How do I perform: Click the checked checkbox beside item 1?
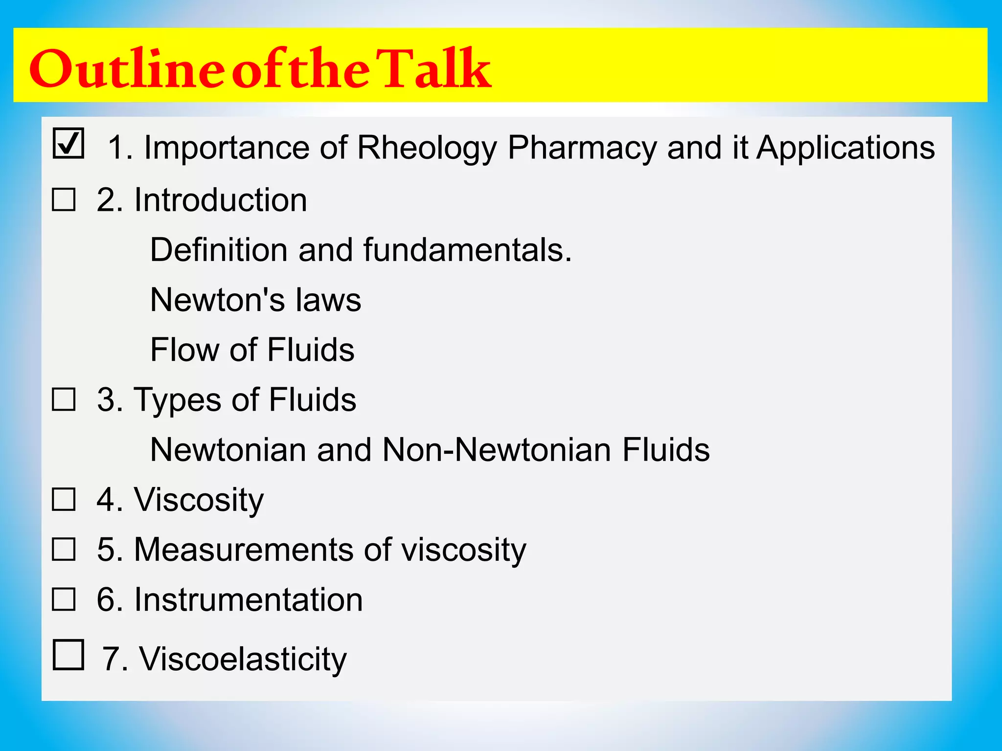[x=68, y=143]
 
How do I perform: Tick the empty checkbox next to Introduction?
[x=64, y=200]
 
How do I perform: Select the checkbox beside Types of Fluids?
[x=64, y=399]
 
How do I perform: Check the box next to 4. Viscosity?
[x=64, y=499]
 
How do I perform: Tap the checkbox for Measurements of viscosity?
[x=64, y=549]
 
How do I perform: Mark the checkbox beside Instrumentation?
[x=64, y=599]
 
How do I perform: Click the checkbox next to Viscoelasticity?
[x=68, y=655]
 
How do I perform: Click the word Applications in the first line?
[x=845, y=147]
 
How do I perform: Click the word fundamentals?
[x=467, y=250]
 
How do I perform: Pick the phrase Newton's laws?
[x=255, y=300]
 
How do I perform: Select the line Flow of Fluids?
[x=252, y=350]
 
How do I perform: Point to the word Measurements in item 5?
[x=243, y=549]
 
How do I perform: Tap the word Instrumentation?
[x=248, y=599]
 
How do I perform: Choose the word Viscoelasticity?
[x=243, y=659]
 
